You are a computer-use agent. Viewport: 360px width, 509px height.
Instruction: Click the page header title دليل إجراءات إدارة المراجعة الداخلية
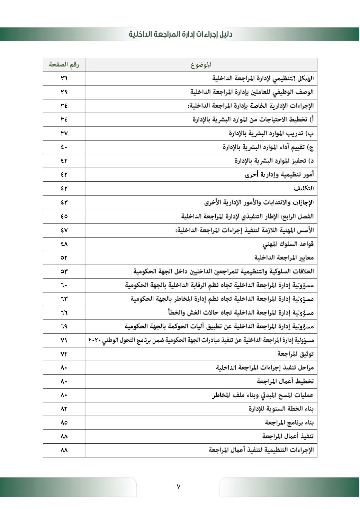(x=180, y=34)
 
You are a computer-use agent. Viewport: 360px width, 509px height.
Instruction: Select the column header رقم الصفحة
(x=64, y=65)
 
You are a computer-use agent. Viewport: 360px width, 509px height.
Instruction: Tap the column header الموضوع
(x=201, y=65)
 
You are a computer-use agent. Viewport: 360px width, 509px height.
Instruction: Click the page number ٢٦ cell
(x=64, y=79)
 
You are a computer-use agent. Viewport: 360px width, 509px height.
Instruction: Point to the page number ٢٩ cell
(x=64, y=92)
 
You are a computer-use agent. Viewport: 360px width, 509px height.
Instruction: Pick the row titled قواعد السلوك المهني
(x=288, y=244)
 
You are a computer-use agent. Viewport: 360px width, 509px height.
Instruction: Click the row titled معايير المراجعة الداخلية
(x=284, y=257)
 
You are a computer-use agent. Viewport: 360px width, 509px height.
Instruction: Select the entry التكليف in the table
(x=304, y=189)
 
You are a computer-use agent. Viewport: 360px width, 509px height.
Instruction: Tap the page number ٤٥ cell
(x=64, y=216)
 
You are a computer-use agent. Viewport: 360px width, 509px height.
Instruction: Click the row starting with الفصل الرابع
(x=247, y=216)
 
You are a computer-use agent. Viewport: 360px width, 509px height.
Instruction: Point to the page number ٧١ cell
(x=64, y=340)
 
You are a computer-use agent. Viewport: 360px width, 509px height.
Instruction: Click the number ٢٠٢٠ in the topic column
(x=94, y=340)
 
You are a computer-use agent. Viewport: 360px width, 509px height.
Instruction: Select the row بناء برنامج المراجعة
(x=289, y=422)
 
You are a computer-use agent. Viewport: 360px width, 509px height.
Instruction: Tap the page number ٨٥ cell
(x=64, y=422)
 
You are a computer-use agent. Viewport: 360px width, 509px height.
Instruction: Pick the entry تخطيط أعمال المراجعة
(x=285, y=381)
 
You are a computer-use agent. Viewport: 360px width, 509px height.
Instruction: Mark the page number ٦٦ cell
(x=64, y=312)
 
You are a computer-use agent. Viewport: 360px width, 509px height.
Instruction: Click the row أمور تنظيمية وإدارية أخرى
(x=279, y=175)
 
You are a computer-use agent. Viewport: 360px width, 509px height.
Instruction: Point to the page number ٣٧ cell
(x=64, y=133)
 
